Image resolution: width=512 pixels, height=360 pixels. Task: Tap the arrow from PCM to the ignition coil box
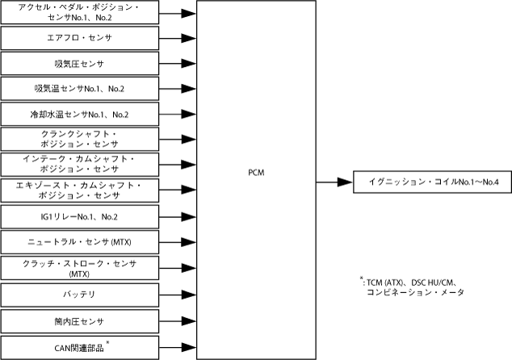point(333,182)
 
